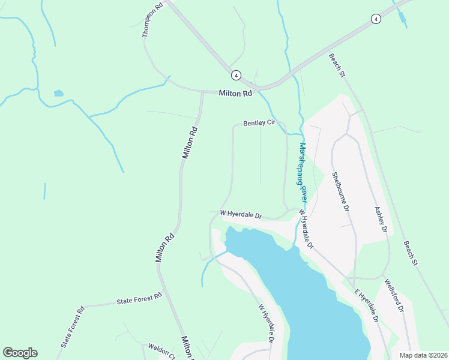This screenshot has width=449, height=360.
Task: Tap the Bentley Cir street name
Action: pyautogui.click(x=259, y=124)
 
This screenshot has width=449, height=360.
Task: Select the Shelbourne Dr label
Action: pyautogui.click(x=340, y=193)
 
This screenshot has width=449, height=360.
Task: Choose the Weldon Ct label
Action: pyautogui.click(x=161, y=350)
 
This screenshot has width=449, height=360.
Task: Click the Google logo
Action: pyautogui.click(x=20, y=353)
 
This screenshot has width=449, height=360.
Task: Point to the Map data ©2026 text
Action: pyautogui.click(x=423, y=355)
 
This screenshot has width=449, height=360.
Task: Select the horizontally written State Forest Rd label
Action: pyautogui.click(x=139, y=298)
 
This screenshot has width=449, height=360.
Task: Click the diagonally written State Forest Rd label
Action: pyautogui.click(x=73, y=328)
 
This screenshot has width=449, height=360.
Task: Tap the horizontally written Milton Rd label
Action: pyautogui.click(x=235, y=94)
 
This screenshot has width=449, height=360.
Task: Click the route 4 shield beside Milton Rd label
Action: pyautogui.click(x=237, y=75)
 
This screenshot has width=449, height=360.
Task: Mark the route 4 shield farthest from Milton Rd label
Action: pyautogui.click(x=375, y=19)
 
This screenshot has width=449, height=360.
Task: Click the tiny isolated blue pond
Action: pyautogui.click(x=58, y=93)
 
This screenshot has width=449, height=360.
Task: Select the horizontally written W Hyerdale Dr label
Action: pyautogui.click(x=241, y=214)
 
